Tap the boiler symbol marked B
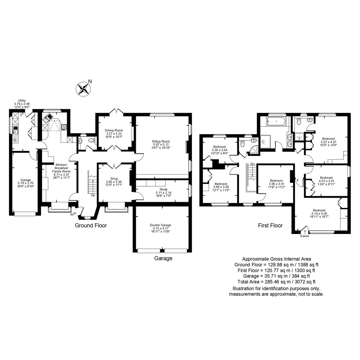click(x=15, y=139)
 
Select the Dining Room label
click(x=114, y=130)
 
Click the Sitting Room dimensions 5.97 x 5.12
click(x=161, y=144)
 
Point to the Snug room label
click(x=114, y=178)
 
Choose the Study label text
click(x=163, y=189)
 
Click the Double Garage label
click(x=160, y=225)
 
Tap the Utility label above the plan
click(x=22, y=100)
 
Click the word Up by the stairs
click(x=93, y=195)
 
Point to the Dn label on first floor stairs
click(x=253, y=164)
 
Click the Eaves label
click(x=304, y=236)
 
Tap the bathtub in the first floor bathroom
click(x=276, y=121)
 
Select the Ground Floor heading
click(x=91, y=226)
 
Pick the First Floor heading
click(x=270, y=226)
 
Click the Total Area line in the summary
click(x=276, y=282)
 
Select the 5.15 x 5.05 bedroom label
click(x=319, y=214)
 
